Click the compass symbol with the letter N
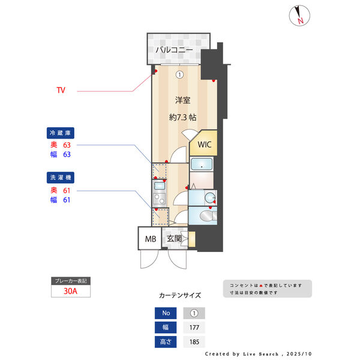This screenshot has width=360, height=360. [298, 15]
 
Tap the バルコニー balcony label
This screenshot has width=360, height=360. [174, 50]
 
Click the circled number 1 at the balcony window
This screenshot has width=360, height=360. [179, 75]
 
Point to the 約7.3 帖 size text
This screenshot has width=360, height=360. [182, 118]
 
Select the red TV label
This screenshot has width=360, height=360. [61, 91]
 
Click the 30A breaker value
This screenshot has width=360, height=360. [71, 292]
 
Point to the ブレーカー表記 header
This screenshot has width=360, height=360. [71, 281]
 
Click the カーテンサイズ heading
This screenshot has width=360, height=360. [180, 295]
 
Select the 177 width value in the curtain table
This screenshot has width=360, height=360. [193, 328]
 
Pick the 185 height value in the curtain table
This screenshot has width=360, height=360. [193, 343]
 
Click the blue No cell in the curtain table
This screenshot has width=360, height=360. [166, 313]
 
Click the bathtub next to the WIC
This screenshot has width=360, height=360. [203, 164]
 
